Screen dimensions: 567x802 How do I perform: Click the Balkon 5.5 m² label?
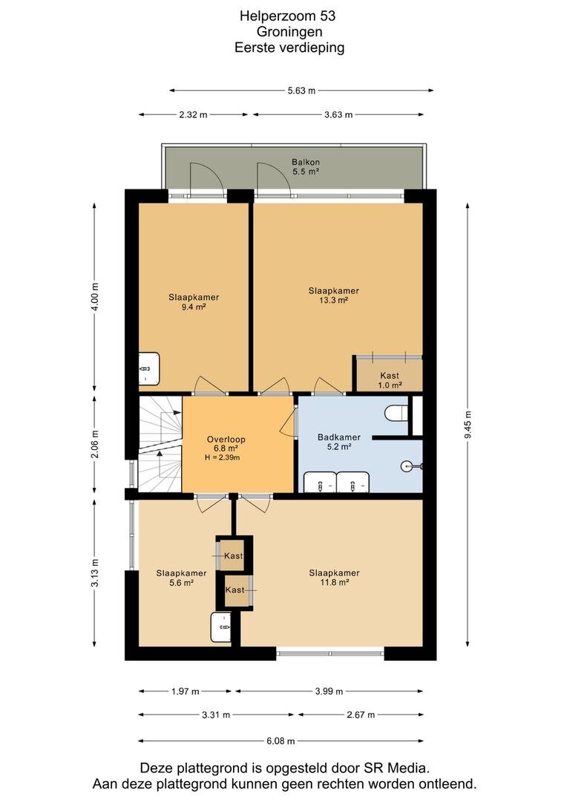coord(306,167)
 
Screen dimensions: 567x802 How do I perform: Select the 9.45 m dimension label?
coord(468,425)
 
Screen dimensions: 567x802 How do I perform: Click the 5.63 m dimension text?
coord(301,91)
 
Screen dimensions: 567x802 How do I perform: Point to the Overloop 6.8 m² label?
coord(226,443)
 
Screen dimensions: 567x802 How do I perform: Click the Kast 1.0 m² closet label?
coord(390,380)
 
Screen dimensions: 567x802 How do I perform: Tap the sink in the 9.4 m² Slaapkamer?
coord(148,368)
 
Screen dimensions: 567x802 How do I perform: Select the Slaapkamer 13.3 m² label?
coord(333,295)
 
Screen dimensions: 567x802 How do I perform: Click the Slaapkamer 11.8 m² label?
coord(334,578)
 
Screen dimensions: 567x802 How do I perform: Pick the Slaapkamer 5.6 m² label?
coord(182,578)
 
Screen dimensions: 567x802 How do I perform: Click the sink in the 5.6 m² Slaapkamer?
coord(221,627)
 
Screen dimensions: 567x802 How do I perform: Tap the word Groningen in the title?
coord(289,32)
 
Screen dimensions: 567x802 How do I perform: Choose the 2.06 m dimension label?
coord(94,445)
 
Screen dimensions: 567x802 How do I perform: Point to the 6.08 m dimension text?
coord(281,740)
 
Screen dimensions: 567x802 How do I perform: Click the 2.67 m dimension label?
coord(361,714)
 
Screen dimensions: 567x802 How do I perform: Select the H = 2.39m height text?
coord(223,457)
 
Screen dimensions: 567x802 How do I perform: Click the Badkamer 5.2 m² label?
coord(339,441)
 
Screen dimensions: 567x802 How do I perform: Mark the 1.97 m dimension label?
coord(185,691)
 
